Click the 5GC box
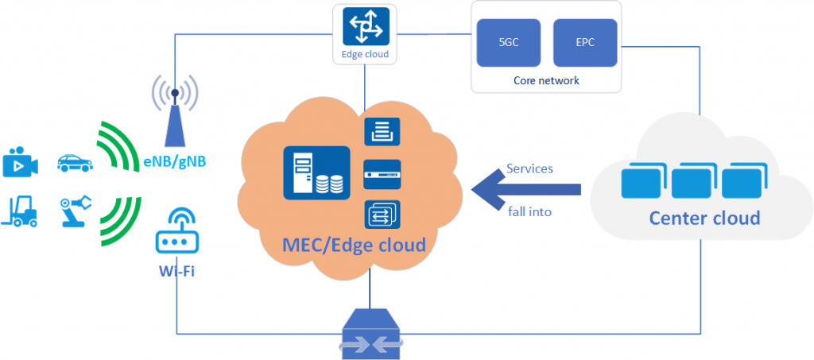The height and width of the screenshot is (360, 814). (509, 43)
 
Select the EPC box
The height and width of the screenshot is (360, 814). (585, 43)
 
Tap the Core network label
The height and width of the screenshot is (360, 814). (546, 80)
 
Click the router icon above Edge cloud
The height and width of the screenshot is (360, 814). (364, 27)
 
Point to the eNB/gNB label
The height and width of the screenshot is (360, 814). (175, 162)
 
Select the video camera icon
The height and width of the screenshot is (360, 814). (20, 162)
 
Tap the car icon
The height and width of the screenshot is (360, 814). (76, 163)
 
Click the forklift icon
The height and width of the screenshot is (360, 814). (20, 211)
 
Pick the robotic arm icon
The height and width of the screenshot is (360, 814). (76, 211)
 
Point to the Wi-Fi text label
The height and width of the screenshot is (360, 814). (177, 270)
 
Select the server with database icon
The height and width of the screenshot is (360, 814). (316, 172)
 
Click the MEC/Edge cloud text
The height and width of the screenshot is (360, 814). (354, 244)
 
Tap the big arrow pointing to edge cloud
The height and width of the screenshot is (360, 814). (526, 189)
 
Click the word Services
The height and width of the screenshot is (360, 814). (529, 168)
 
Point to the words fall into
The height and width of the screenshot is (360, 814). (529, 211)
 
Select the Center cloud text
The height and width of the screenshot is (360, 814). (704, 217)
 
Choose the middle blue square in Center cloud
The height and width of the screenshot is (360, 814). (692, 180)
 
